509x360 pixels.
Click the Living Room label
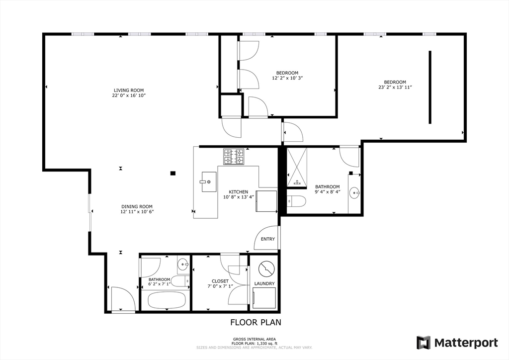tap(129, 90)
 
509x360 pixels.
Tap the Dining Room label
tap(137, 206)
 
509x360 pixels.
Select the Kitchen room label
tap(238, 192)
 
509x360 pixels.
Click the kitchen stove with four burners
tap(234, 156)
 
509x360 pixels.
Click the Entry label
tap(268, 239)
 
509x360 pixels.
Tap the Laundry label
tap(264, 283)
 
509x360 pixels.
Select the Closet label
tap(220, 281)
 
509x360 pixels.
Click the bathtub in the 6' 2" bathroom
tap(167, 300)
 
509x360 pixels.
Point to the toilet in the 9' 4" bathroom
tap(296, 201)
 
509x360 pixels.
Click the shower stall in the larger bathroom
tap(297, 168)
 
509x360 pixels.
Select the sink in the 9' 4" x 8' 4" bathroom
tap(354, 193)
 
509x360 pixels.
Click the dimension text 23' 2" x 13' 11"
tap(395, 87)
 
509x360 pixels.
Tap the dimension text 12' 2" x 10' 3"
tap(287, 78)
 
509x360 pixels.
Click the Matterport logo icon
tap(424, 343)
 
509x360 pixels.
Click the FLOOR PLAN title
tap(256, 322)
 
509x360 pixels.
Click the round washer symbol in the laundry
tap(266, 269)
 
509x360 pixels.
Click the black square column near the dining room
tap(173, 174)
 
